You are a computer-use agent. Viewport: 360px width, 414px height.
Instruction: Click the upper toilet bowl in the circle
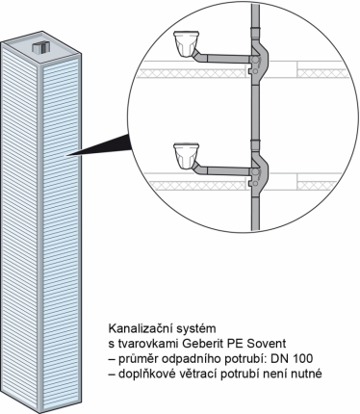pos(186,44)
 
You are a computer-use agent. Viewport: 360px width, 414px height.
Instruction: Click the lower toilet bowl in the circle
pos(186,156)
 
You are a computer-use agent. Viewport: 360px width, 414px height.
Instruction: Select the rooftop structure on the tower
pos(41,47)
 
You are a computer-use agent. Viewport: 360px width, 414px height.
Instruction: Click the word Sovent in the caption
pos(267,344)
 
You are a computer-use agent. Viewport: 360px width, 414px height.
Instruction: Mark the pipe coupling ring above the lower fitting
pos(255,142)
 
